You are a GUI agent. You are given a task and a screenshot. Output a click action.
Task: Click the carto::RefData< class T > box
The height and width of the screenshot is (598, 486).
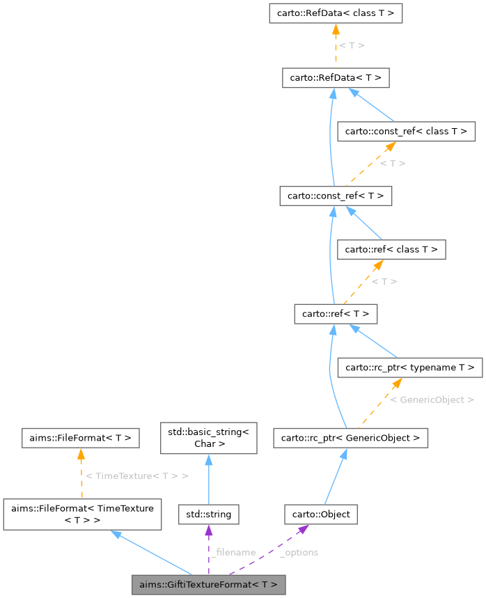click(x=335, y=13)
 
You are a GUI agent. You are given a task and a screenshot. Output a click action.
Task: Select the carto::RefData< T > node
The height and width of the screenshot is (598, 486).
click(x=335, y=77)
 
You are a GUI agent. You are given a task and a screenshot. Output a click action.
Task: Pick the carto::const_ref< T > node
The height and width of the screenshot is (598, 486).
click(x=335, y=196)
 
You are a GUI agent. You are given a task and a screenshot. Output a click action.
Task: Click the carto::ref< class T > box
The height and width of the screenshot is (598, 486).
click(x=391, y=249)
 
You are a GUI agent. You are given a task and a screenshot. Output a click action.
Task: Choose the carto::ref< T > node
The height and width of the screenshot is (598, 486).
click(x=335, y=314)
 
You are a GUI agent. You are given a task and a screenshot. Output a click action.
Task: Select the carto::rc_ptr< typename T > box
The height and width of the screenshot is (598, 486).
click(x=409, y=367)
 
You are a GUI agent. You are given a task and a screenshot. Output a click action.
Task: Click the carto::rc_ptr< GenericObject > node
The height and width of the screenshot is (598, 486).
click(x=350, y=438)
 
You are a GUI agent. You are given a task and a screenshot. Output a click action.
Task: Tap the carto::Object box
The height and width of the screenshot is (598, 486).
click(x=321, y=515)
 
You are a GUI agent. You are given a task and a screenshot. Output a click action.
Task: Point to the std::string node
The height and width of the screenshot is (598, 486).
click(x=209, y=515)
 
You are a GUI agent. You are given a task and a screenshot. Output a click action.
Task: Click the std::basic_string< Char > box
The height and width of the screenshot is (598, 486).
click(x=209, y=437)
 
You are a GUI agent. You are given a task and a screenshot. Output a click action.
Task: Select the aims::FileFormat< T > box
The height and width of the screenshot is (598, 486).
click(x=81, y=438)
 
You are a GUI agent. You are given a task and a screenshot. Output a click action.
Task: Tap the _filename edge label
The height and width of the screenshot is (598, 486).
click(x=235, y=552)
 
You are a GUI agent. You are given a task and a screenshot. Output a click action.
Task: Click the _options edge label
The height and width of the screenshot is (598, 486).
click(x=299, y=552)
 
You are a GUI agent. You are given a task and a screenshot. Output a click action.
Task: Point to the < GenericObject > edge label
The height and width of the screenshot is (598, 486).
click(x=432, y=400)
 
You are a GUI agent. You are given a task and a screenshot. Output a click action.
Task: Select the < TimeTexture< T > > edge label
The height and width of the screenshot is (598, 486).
click(x=136, y=475)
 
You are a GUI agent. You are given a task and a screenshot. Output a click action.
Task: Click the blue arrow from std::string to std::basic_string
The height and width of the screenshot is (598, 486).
click(x=209, y=480)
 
